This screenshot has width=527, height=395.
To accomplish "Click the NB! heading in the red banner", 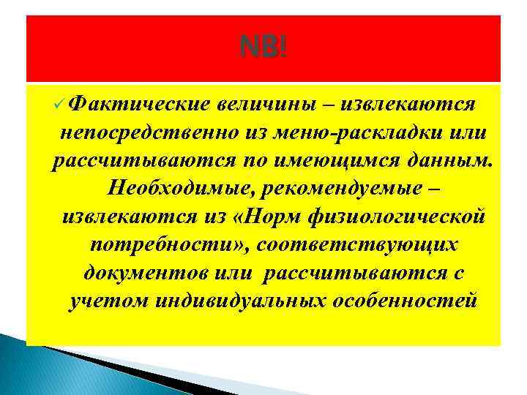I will click(x=263, y=49).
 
